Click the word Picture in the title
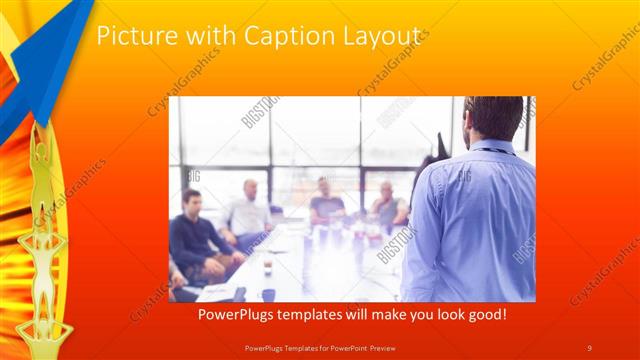click(x=134, y=36)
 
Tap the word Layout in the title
click(x=382, y=36)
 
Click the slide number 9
click(x=589, y=346)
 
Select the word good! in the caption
click(x=484, y=314)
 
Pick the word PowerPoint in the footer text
click(x=345, y=346)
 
